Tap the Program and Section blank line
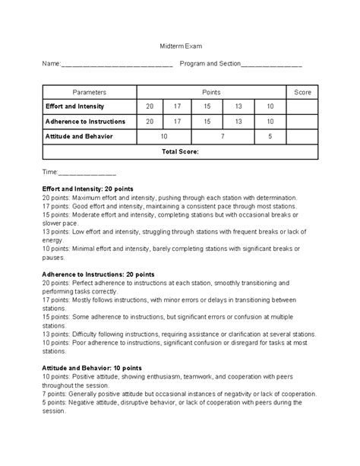pyautogui.click(x=270, y=65)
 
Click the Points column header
pyautogui.click(x=211, y=91)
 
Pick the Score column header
pyautogui.click(x=302, y=91)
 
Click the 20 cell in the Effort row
pyautogui.click(x=150, y=106)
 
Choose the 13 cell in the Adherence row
pyautogui.click(x=238, y=122)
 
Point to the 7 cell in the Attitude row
pyautogui.click(x=223, y=137)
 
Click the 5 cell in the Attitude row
pyautogui.click(x=270, y=137)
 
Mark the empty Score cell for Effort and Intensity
pyautogui.click(x=302, y=106)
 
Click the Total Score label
pyautogui.click(x=180, y=152)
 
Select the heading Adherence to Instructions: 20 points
pyautogui.click(x=99, y=273)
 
